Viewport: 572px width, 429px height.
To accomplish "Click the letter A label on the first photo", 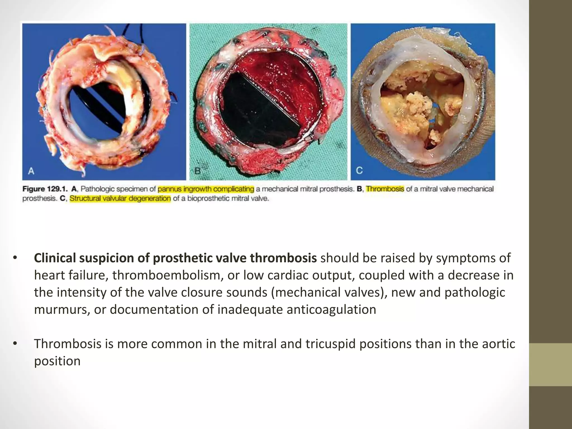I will [31, 171].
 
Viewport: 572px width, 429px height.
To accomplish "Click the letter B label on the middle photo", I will [197, 171].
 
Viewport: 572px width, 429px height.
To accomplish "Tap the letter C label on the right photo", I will [359, 170].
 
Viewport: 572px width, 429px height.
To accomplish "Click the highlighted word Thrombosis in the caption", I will [385, 189].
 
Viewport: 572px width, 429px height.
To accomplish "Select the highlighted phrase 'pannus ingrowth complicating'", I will [206, 189].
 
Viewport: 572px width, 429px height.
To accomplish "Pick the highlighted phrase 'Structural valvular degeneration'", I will [120, 199].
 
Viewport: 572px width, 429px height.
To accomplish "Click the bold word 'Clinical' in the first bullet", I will [55, 258].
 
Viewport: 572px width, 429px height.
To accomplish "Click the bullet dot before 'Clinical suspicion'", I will [15, 258].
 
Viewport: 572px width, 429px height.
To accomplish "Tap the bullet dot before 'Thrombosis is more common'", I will [15, 344].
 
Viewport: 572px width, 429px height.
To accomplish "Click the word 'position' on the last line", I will [57, 361].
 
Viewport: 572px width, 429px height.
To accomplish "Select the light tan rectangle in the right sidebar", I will [550, 365].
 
